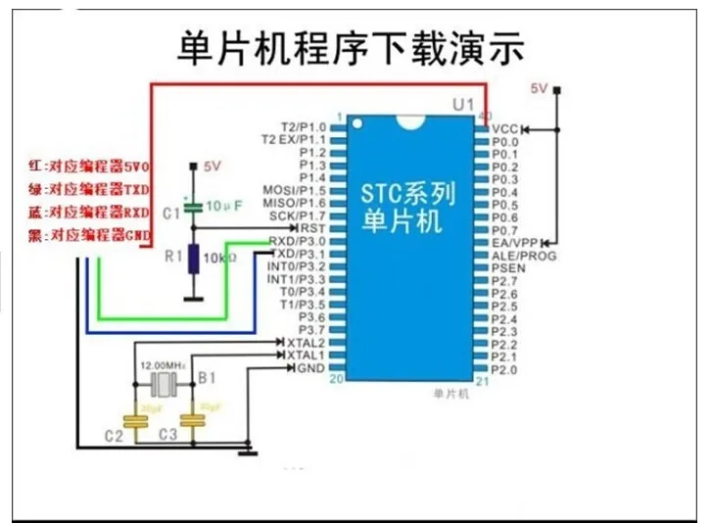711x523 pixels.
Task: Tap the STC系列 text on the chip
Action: click(408, 194)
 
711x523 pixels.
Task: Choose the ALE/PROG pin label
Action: click(523, 255)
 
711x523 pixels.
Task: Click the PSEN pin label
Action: click(507, 267)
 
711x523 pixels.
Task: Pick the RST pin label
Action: click(312, 228)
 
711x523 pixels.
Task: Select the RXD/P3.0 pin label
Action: click(298, 241)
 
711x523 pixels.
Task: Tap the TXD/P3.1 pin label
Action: click(298, 254)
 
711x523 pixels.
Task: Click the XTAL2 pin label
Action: click(305, 343)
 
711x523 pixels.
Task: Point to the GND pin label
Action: click(309, 368)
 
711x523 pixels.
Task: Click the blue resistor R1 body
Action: click(195, 259)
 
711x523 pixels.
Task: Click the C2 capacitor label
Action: click(116, 434)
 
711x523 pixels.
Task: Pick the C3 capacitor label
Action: click(167, 434)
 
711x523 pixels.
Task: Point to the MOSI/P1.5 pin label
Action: click(294, 190)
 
